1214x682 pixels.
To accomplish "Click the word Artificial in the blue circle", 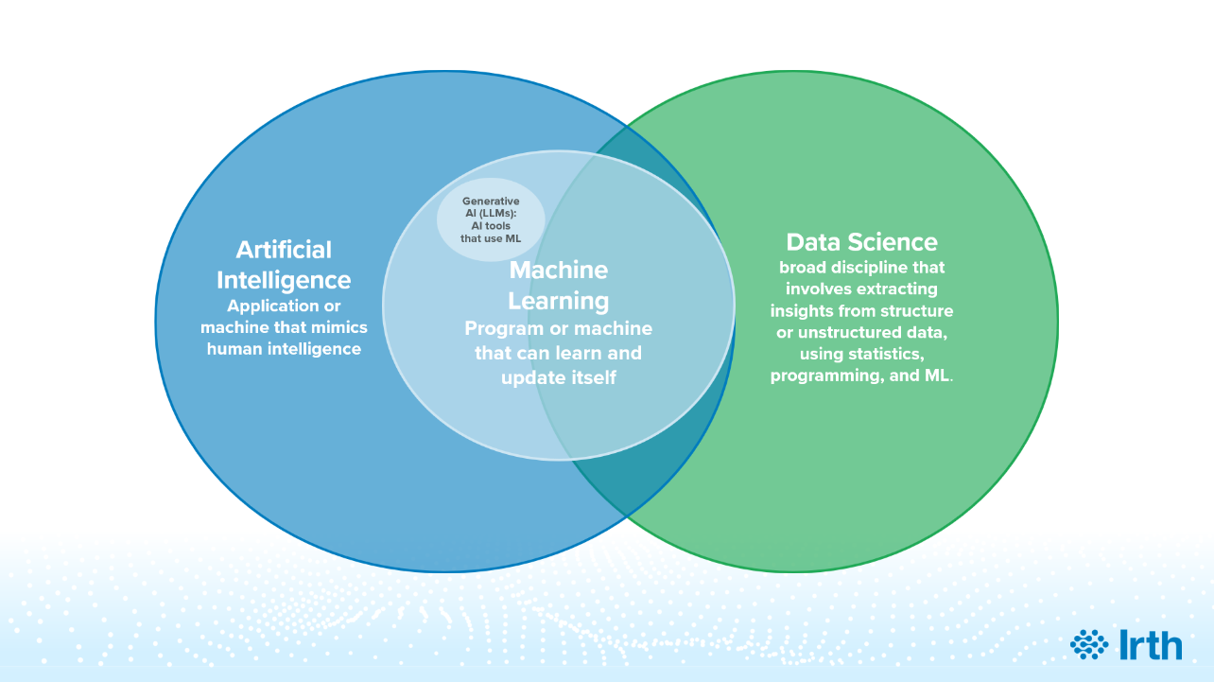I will tap(284, 250).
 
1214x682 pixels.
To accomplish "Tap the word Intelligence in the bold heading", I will tap(284, 280).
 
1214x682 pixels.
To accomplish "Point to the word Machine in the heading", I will tap(558, 271).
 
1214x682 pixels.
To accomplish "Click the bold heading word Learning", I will tap(558, 301).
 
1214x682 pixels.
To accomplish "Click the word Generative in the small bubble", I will tap(491, 201).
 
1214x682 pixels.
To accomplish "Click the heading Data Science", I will tap(861, 241).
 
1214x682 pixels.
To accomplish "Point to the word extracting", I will tap(896, 289).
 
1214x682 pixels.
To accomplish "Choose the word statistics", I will tap(885, 354).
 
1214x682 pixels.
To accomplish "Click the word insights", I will tap(802, 310).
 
